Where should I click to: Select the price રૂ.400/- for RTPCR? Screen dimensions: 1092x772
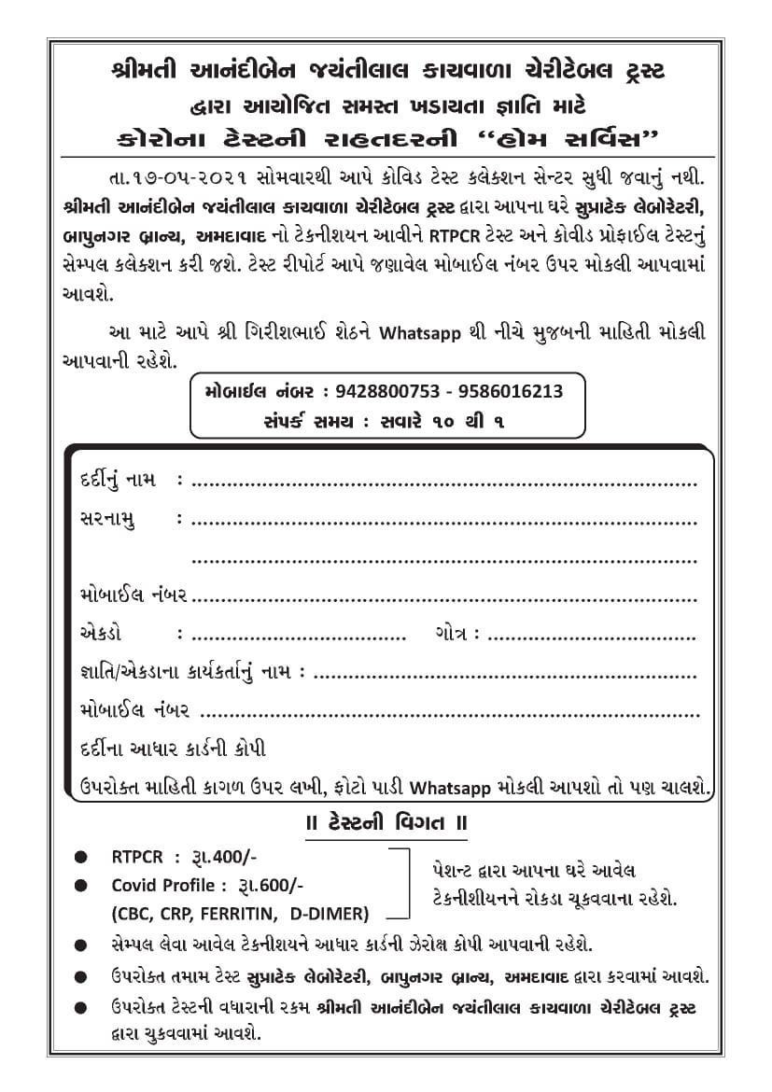221,857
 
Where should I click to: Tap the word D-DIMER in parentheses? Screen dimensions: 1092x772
330,913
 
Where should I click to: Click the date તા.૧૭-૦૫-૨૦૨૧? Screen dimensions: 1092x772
169,175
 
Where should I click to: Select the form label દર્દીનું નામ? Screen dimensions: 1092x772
117,480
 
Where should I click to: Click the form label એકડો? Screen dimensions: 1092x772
101,634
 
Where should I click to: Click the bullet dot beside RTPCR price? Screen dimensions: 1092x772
84,857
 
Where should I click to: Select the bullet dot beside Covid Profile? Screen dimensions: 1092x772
84,885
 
